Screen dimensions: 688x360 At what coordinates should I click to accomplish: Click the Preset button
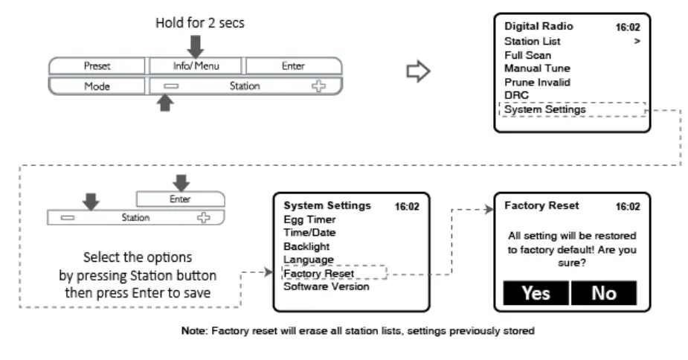point(97,66)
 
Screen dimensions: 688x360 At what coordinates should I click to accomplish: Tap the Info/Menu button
point(196,66)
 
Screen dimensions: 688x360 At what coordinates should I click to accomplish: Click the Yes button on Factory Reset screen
point(536,293)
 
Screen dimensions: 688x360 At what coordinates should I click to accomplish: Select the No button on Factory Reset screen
point(604,293)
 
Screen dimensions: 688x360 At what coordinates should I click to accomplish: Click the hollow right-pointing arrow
point(418,71)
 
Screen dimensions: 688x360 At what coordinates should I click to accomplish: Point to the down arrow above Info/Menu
point(196,47)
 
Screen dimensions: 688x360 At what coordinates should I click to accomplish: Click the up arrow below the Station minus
point(165,103)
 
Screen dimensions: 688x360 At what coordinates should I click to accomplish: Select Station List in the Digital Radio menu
point(532,41)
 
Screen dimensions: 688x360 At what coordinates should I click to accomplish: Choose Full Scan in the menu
point(527,55)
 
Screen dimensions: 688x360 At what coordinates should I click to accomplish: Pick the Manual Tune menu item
point(537,68)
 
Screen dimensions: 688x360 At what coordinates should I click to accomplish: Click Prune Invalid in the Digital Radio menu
point(537,82)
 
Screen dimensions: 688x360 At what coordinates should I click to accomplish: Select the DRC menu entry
point(516,95)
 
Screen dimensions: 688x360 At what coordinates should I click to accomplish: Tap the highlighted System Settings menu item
point(545,109)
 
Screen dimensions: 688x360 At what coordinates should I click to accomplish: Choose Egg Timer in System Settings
point(309,219)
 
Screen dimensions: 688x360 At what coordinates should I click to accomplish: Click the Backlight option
point(306,246)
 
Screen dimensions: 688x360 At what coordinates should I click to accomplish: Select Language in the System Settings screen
point(309,260)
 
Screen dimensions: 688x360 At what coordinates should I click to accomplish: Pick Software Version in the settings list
point(326,286)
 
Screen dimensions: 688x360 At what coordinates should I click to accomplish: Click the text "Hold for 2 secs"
point(199,23)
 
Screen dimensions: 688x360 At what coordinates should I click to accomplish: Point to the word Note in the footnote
point(193,330)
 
